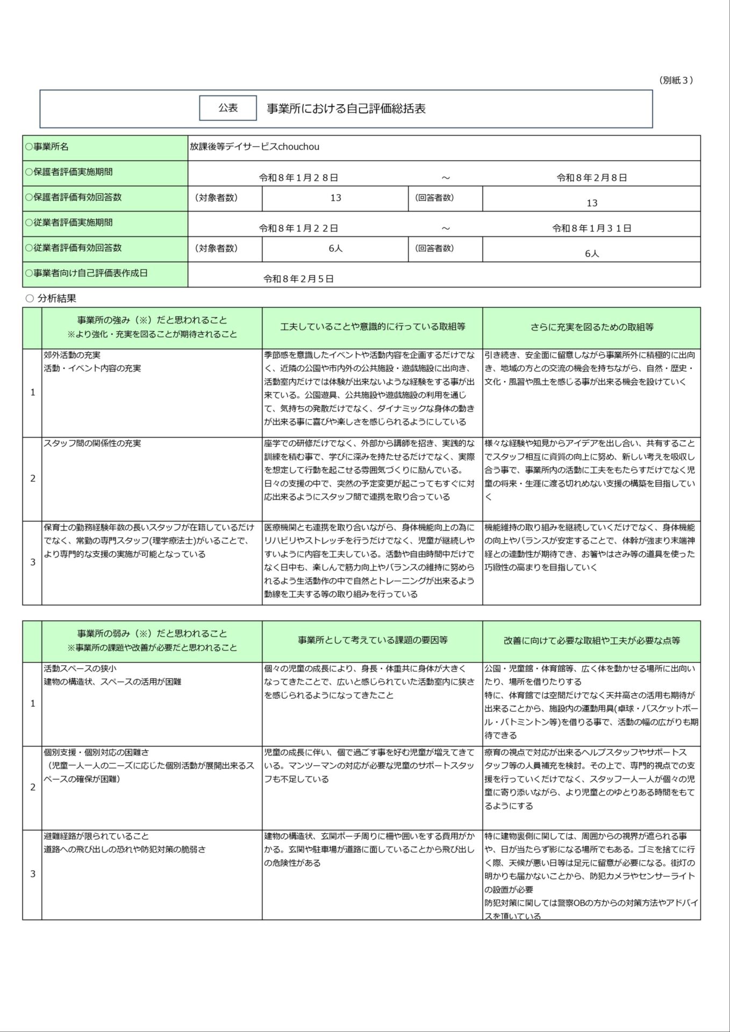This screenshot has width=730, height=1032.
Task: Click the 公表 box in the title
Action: point(228,108)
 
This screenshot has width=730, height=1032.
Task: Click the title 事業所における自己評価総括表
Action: point(346,109)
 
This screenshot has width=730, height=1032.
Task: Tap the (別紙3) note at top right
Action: point(676,80)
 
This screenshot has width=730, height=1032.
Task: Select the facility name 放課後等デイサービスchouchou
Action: point(254,147)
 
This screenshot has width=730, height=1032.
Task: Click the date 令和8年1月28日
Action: point(298,178)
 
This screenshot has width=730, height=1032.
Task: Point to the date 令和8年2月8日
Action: point(591,178)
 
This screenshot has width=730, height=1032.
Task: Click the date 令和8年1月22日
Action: point(298,228)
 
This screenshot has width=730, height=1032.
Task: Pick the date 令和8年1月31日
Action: point(591,228)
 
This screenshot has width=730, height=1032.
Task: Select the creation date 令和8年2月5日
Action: point(298,279)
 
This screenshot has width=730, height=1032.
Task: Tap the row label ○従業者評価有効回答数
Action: point(73,248)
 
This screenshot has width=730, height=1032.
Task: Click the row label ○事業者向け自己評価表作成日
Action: point(86,273)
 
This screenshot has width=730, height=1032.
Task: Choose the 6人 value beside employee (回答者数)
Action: point(591,253)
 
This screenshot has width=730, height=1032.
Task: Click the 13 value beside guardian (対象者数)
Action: point(335,198)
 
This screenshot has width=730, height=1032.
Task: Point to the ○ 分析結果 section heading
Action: point(52,298)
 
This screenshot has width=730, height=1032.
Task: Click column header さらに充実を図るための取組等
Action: point(591,327)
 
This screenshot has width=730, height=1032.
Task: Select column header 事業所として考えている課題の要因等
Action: point(372,640)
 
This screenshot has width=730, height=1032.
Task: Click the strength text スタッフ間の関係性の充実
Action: point(92,443)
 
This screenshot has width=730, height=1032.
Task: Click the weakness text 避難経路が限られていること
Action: point(96,836)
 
